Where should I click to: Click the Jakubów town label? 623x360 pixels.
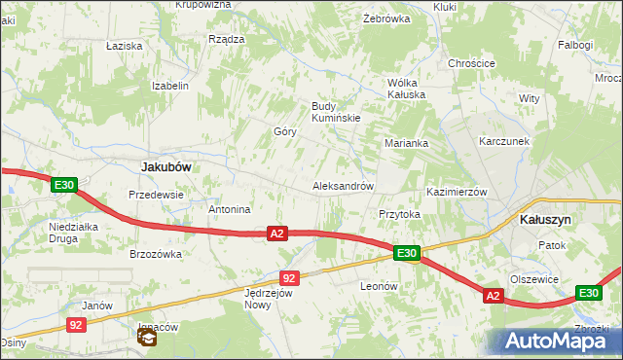tap(165, 166)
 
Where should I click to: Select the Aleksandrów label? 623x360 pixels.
tap(343, 186)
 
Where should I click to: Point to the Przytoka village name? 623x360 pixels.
tap(398, 214)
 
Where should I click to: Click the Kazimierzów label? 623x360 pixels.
tap(457, 193)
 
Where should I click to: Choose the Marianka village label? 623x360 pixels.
tap(406, 143)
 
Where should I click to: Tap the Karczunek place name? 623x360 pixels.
tap(503, 141)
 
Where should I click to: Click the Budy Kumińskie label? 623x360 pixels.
tap(336, 112)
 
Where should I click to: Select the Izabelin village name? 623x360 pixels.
tap(169, 86)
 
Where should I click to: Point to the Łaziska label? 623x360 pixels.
tap(125, 46)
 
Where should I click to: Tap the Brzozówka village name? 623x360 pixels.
tap(156, 254)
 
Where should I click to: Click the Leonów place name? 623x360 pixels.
tap(380, 286)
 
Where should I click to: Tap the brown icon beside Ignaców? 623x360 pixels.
tap(146, 338)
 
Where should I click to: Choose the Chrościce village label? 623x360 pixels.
tap(471, 63)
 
